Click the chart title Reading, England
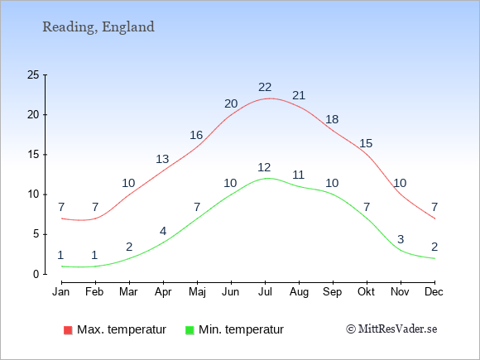tap(98, 27)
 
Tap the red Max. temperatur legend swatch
tap(68, 330)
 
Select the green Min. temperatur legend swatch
tap(190, 330)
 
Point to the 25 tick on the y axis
tap(33, 74)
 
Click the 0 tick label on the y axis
tap(36, 274)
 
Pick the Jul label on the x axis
tap(265, 292)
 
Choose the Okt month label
tap(366, 292)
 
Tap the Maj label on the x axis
tap(197, 292)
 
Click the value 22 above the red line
tap(265, 88)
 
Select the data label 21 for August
tap(299, 96)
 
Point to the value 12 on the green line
tap(264, 168)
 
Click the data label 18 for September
tap(332, 119)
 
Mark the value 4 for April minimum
tap(163, 231)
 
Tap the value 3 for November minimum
tap(401, 239)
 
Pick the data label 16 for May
tap(196, 135)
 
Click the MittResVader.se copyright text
tap(391, 329)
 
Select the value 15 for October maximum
tap(366, 143)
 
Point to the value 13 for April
tap(162, 160)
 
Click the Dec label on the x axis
tap(434, 292)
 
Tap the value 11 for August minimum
tap(298, 175)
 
